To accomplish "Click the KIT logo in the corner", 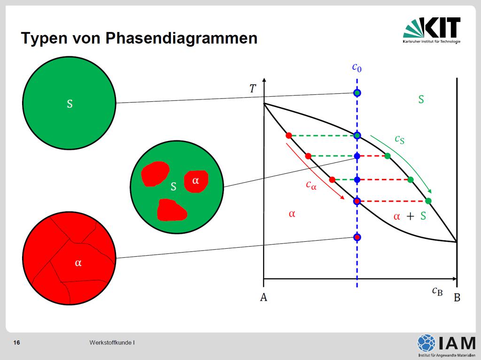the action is click(432, 31).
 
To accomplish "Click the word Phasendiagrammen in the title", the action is click(181, 38).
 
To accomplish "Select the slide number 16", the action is click(16, 343).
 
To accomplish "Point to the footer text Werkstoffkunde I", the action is click(112, 343).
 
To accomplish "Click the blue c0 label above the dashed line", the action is click(357, 67).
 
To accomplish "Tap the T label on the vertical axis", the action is click(252, 89).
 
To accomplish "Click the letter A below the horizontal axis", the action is click(264, 298).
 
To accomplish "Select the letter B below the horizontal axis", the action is click(457, 298).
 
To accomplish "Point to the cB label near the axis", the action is click(437, 291).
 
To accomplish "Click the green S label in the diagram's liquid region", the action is click(421, 100).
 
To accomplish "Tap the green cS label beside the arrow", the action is click(399, 139).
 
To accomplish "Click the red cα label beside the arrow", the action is click(311, 185).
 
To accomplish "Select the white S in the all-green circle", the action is click(70, 104).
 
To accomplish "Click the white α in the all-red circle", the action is click(78, 263).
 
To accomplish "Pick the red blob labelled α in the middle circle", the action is click(196, 182).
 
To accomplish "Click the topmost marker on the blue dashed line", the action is click(357, 92).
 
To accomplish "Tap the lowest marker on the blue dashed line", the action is click(357, 237).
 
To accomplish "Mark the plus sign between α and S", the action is click(410, 216).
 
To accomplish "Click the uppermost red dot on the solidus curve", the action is click(289, 136).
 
